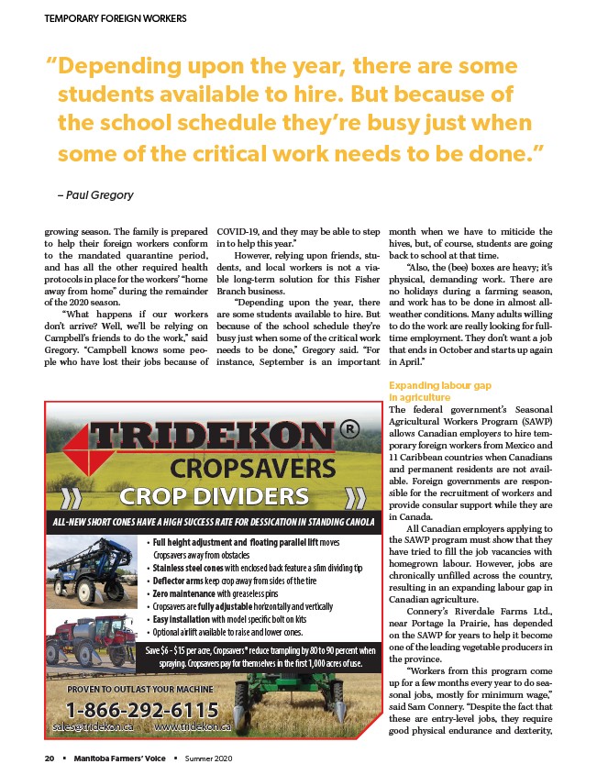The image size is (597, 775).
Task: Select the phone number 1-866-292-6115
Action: tap(142, 709)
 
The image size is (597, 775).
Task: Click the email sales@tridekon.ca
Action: tap(94, 726)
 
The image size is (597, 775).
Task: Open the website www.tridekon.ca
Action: tap(193, 726)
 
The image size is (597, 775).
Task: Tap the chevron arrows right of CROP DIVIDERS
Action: tap(355, 498)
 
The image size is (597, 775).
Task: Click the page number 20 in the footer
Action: tap(50, 758)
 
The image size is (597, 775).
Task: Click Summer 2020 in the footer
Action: tap(209, 758)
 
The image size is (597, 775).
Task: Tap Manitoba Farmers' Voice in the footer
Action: tap(121, 758)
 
